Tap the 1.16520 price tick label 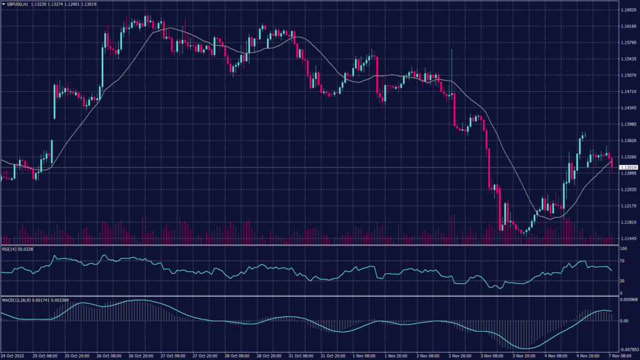pyautogui.click(x=629, y=11)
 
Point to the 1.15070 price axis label pyautogui.click(x=629, y=76)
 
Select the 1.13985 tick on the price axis pyautogui.click(x=629, y=124)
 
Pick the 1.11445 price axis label pyautogui.click(x=629, y=238)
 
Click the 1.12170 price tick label pyautogui.click(x=629, y=206)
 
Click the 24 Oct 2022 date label pyautogui.click(x=12, y=356)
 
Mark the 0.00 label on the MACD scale pyautogui.click(x=624, y=321)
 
